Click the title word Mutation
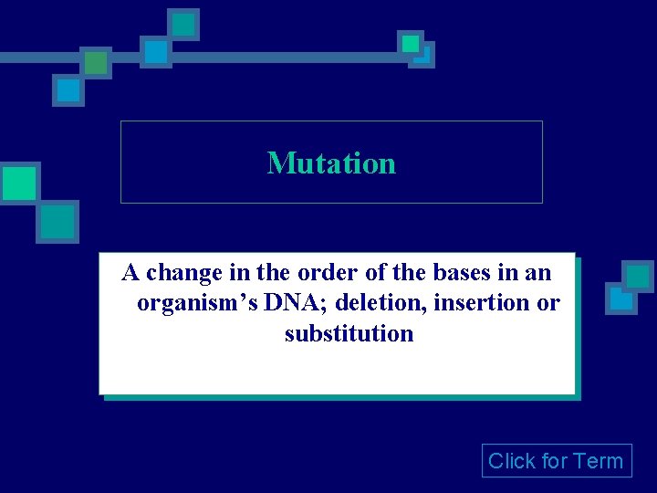click(x=331, y=163)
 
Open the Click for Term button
click(x=556, y=461)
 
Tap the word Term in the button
click(x=598, y=461)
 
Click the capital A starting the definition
click(x=131, y=272)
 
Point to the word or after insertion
click(x=548, y=303)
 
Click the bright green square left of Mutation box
click(x=18, y=183)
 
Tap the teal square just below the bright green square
click(x=57, y=221)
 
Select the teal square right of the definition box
click(x=637, y=276)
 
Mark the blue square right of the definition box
click(x=621, y=299)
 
